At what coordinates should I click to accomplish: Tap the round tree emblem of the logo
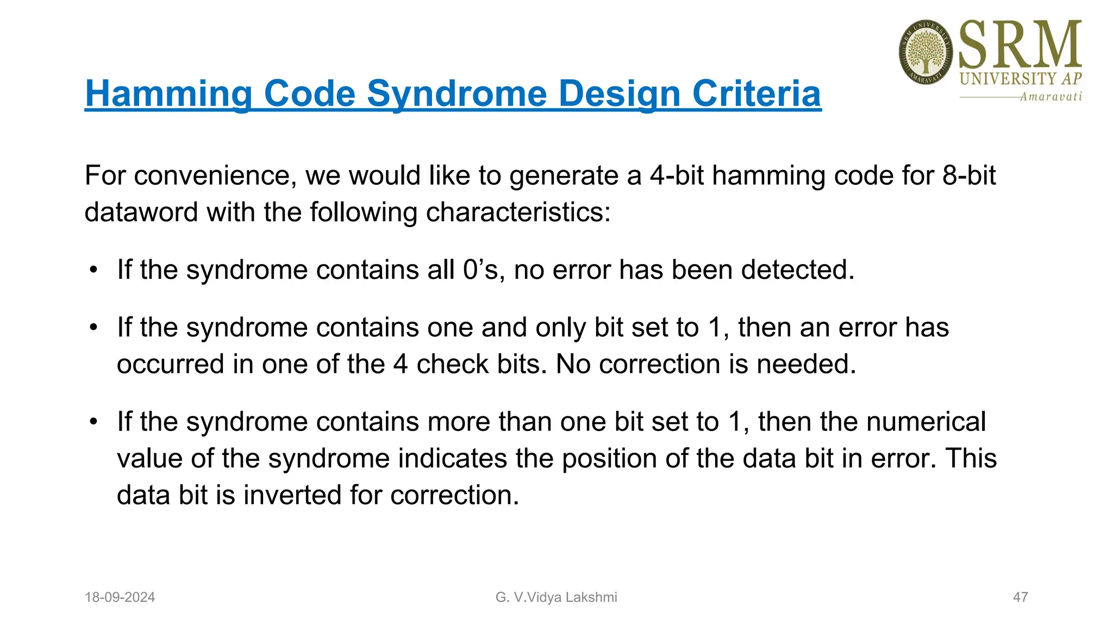point(926,53)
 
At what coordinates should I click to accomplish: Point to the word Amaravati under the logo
point(1051,97)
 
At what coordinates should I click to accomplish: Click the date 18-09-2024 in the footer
point(120,597)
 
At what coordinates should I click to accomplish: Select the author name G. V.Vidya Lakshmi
point(556,597)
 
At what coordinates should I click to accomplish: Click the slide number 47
point(1020,597)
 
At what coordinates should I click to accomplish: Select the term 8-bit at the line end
point(969,176)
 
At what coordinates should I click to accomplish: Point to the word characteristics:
point(518,212)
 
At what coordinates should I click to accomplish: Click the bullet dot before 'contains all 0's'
point(94,270)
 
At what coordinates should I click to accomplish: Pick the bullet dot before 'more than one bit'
point(94,422)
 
